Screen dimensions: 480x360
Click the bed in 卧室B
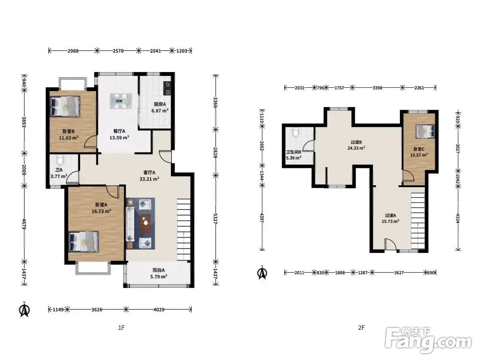pyautogui.click(x=65, y=107)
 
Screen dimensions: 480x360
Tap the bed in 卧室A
pyautogui.click(x=84, y=242)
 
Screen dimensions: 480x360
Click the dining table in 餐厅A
pyautogui.click(x=121, y=101)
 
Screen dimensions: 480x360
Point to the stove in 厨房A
pyautogui.click(x=167, y=88)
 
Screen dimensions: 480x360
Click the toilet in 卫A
pyautogui.click(x=60, y=160)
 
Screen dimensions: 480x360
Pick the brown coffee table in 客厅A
pyautogui.click(x=145, y=223)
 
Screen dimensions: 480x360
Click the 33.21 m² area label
pyautogui.click(x=149, y=179)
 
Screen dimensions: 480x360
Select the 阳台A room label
pyautogui.click(x=158, y=270)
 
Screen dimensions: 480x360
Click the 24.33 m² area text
pyautogui.click(x=356, y=148)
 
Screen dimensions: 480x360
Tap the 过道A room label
pyautogui.click(x=390, y=215)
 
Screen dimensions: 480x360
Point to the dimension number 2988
pyautogui.click(x=73, y=51)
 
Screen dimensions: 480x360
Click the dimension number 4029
pyautogui.click(x=158, y=310)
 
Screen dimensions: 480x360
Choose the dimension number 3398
pyautogui.click(x=377, y=88)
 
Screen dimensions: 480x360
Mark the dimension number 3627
pyautogui.click(x=398, y=273)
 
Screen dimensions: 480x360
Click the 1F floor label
pyautogui.click(x=121, y=328)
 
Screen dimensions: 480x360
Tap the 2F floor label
pyautogui.click(x=361, y=328)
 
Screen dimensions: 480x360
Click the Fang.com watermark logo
pyautogui.click(x=428, y=340)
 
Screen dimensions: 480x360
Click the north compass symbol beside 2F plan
pyautogui.click(x=263, y=272)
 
